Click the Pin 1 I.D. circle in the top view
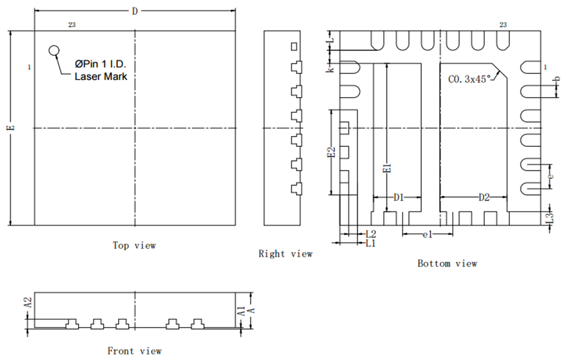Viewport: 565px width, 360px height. pyautogui.click(x=54, y=50)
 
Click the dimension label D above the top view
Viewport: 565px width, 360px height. pyautogui.click(x=135, y=11)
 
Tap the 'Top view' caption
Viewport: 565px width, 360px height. pyautogui.click(x=134, y=245)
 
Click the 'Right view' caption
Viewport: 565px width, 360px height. pyautogui.click(x=285, y=254)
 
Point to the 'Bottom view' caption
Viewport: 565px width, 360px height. pyautogui.click(x=447, y=263)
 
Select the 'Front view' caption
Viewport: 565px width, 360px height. pyautogui.click(x=134, y=351)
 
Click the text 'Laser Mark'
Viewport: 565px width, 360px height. pyautogui.click(x=101, y=76)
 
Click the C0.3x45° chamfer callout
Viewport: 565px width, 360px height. pyautogui.click(x=470, y=79)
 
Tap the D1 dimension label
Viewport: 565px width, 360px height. pyautogui.click(x=399, y=197)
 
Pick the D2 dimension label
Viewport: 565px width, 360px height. pyautogui.click(x=484, y=197)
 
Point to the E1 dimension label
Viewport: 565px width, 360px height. pyautogui.click(x=387, y=167)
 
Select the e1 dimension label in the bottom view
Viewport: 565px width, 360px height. pyautogui.click(x=427, y=234)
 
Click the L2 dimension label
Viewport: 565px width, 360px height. pyautogui.click(x=371, y=234)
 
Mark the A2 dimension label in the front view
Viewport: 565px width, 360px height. pyautogui.click(x=28, y=303)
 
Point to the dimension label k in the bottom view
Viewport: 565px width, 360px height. pyautogui.click(x=331, y=69)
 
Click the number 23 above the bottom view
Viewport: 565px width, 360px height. pyautogui.click(x=503, y=25)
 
